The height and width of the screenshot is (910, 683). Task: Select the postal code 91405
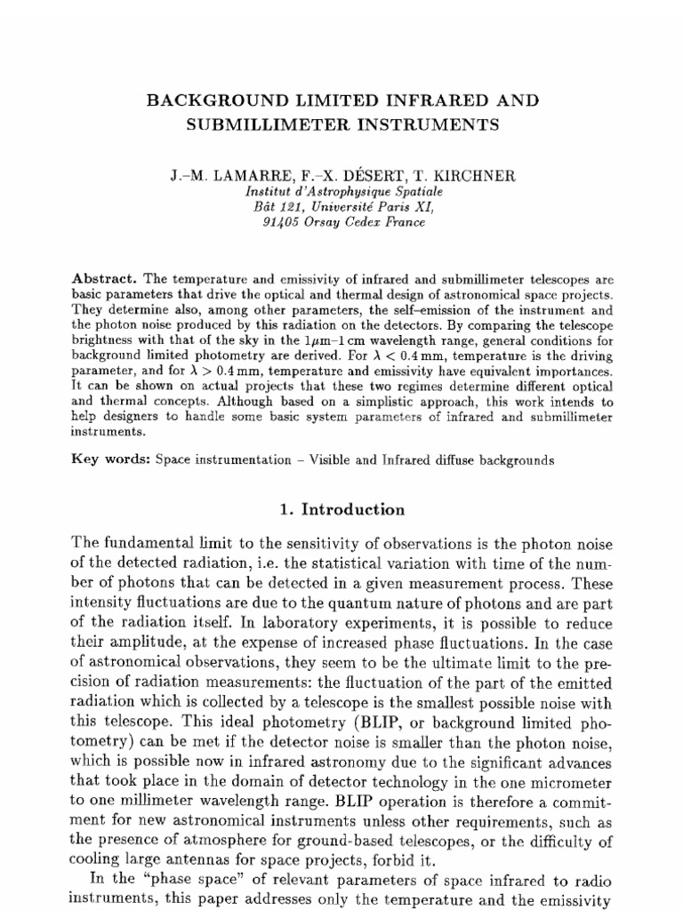coord(283,222)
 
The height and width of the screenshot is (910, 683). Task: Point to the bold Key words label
coord(109,460)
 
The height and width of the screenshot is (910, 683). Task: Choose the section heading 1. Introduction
coord(341,509)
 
